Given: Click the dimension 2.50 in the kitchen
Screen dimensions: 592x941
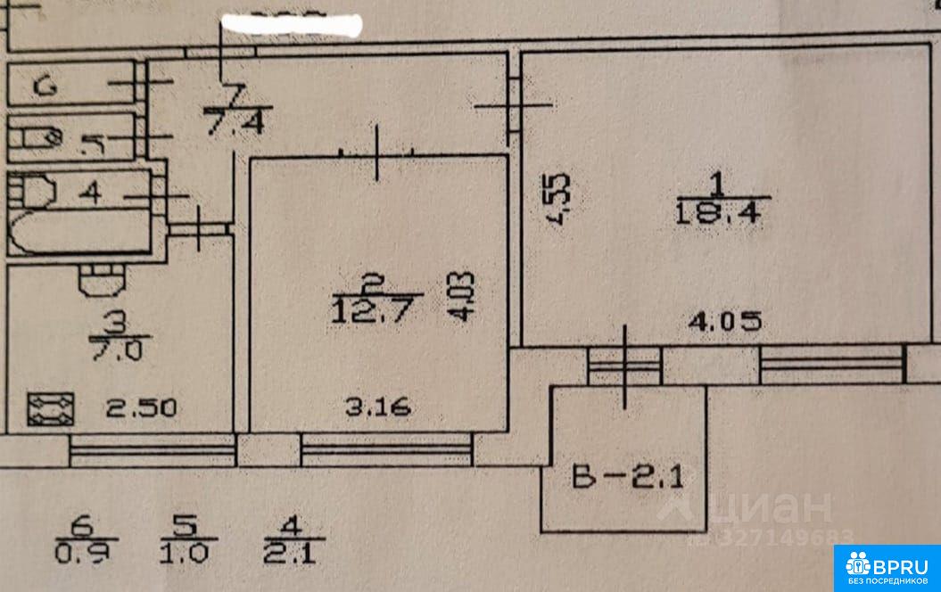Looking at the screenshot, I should coord(143,409).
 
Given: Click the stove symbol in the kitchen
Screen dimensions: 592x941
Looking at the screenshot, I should coord(50,409).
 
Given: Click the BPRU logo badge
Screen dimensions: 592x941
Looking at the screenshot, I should coord(887,567).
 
